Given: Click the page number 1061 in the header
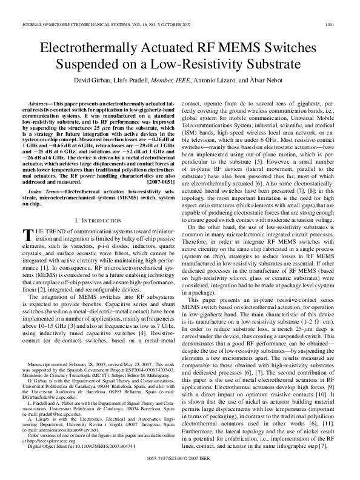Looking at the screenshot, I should [x=344, y=8].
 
